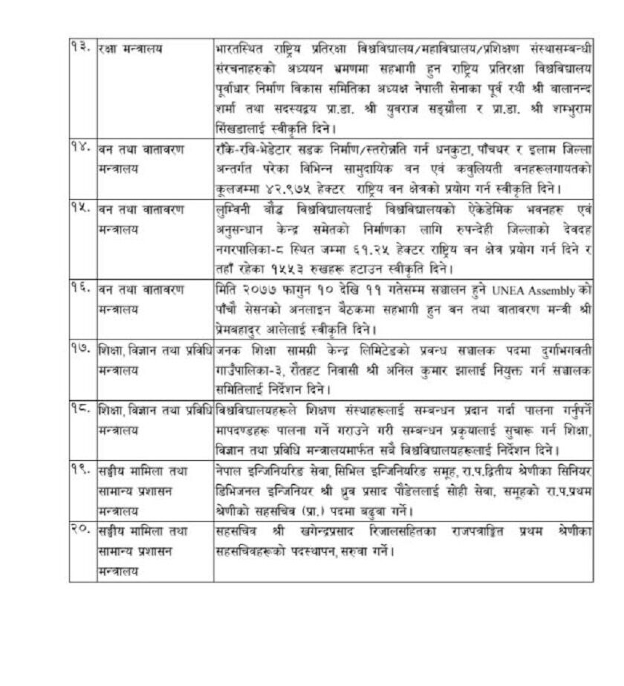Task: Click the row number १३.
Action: click(x=82, y=49)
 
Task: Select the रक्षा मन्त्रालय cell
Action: click(x=131, y=49)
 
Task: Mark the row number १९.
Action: click(x=82, y=471)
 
